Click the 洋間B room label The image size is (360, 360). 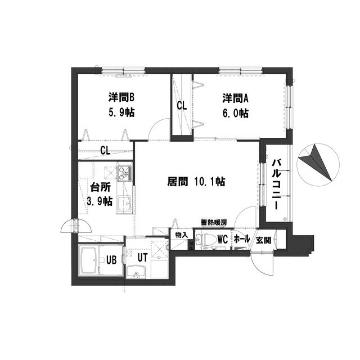[121, 98]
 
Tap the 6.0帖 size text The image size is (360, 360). [236, 113]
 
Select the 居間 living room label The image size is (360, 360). [178, 181]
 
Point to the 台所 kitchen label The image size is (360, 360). [100, 187]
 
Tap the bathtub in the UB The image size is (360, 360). [88, 261]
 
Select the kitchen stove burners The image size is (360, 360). [124, 173]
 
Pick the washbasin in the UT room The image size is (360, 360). [136, 272]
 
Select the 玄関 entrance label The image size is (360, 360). [263, 240]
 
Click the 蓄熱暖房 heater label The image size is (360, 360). [214, 223]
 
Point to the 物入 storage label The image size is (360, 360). [182, 235]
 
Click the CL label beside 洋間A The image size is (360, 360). [182, 106]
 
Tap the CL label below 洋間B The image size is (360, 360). [105, 150]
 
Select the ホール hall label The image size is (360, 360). [241, 239]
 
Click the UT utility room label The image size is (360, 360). [142, 258]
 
